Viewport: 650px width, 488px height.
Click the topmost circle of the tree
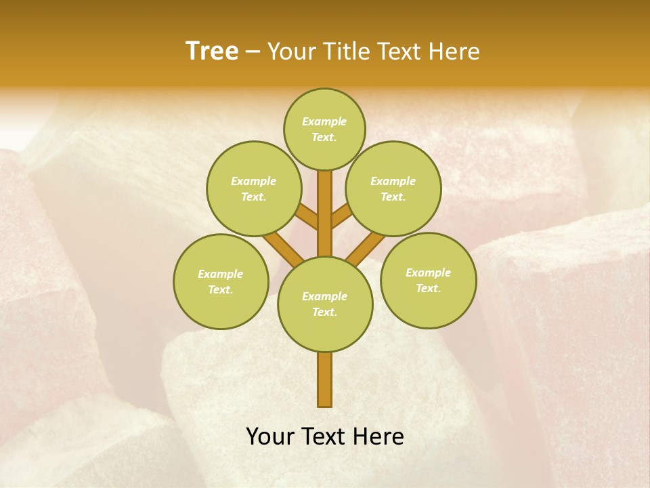(324, 129)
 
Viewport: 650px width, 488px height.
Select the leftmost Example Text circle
(221, 281)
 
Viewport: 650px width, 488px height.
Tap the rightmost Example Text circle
(428, 280)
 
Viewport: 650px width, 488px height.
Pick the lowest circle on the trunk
(325, 304)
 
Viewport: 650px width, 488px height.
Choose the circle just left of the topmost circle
(254, 188)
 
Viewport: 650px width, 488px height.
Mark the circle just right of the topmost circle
(393, 188)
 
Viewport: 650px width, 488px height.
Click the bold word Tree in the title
(212, 51)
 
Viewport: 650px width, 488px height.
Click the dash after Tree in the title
(253, 52)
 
